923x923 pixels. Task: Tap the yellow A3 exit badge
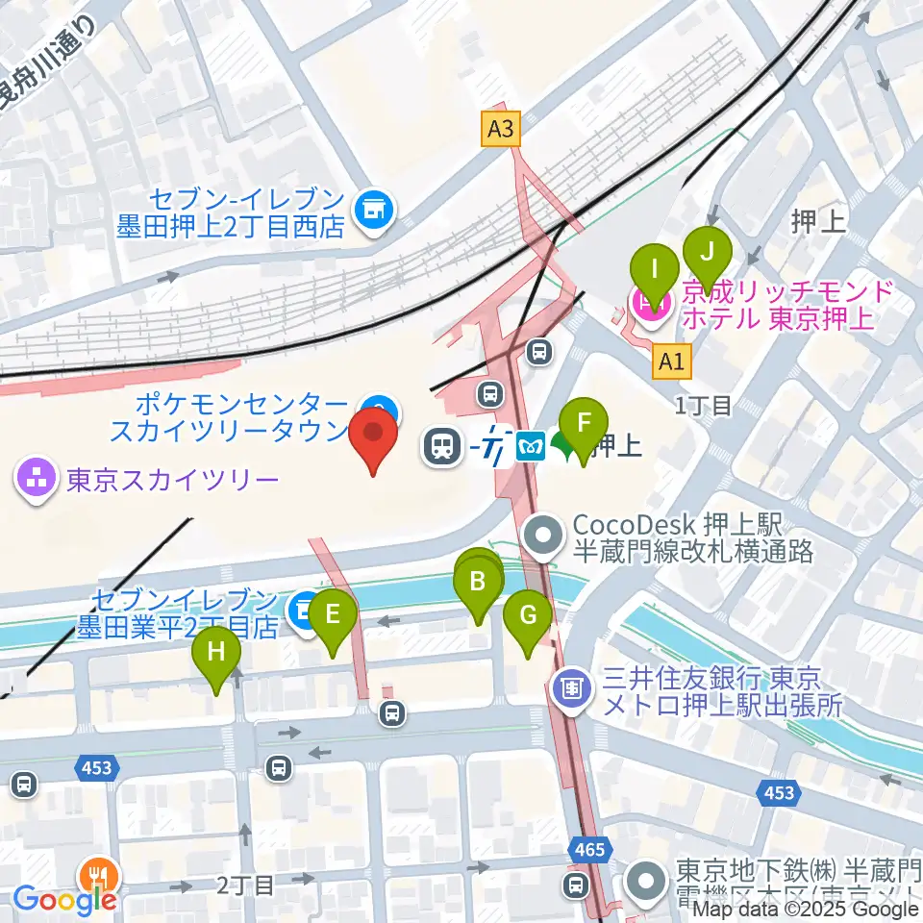pyautogui.click(x=500, y=129)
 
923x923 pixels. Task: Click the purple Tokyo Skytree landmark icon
pyautogui.click(x=37, y=479)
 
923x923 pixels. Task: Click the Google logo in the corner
pyautogui.click(x=65, y=901)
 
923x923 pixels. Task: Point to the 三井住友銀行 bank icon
pyautogui.click(x=573, y=688)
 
